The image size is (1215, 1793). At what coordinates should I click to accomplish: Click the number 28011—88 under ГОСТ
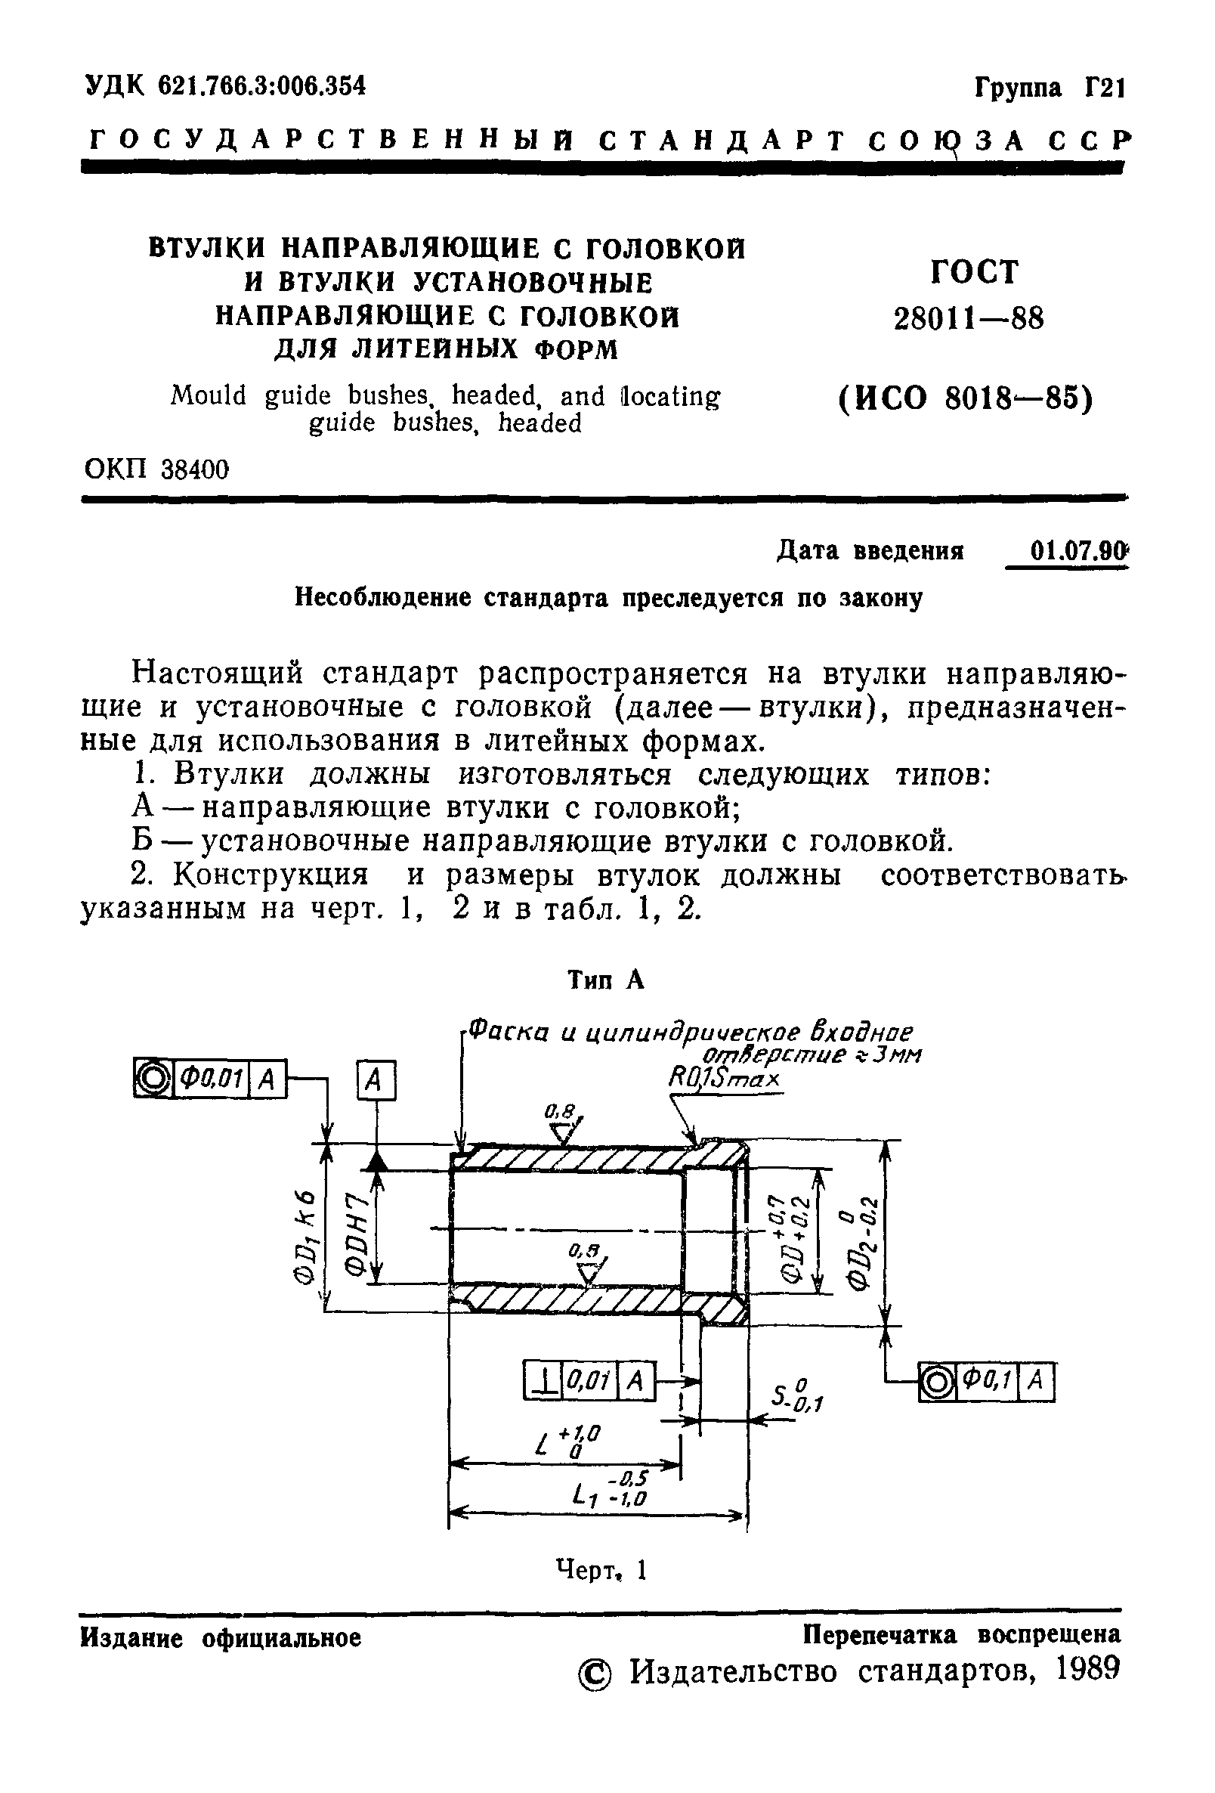pyautogui.click(x=968, y=318)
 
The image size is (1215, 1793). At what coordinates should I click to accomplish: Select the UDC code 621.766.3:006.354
pyautogui.click(x=261, y=85)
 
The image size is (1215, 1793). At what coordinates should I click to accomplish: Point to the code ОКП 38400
pyautogui.click(x=156, y=469)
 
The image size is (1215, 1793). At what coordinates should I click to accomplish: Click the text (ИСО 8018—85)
pyautogui.click(x=966, y=399)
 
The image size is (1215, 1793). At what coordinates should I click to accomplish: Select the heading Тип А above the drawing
pyautogui.click(x=605, y=980)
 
